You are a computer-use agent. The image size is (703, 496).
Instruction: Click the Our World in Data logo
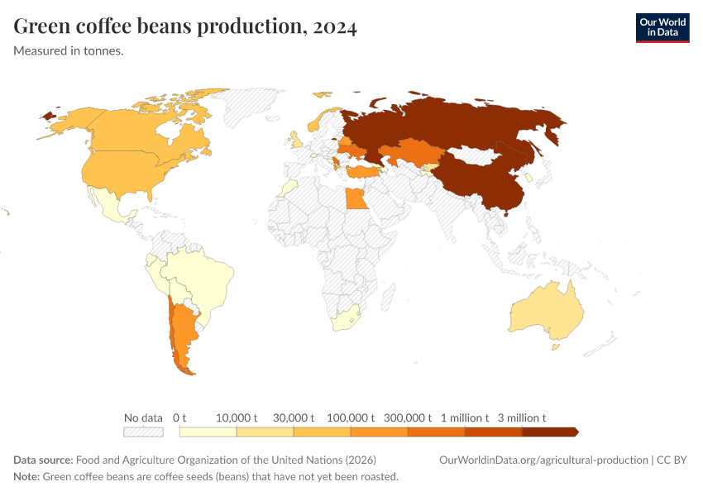(662, 27)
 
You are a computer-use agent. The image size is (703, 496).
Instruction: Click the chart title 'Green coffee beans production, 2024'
(185, 27)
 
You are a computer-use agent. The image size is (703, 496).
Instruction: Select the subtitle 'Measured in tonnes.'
(69, 51)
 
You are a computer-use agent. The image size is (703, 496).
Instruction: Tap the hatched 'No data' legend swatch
(143, 432)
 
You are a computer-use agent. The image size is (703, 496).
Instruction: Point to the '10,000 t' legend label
(237, 417)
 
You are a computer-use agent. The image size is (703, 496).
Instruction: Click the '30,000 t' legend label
(294, 417)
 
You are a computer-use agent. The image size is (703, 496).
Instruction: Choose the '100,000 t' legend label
(351, 417)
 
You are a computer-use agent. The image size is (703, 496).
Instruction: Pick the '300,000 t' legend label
(408, 417)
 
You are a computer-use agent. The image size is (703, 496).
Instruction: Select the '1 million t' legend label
(465, 417)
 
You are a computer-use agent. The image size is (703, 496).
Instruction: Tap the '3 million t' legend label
(522, 417)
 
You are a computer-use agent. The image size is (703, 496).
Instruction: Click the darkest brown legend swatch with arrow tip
(549, 432)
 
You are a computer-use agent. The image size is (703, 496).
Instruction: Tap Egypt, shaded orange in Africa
(355, 199)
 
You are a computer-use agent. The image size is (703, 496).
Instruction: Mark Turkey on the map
(362, 172)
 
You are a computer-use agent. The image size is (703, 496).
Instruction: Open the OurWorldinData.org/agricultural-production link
(543, 460)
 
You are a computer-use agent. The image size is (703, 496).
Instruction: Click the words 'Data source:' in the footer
(43, 460)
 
